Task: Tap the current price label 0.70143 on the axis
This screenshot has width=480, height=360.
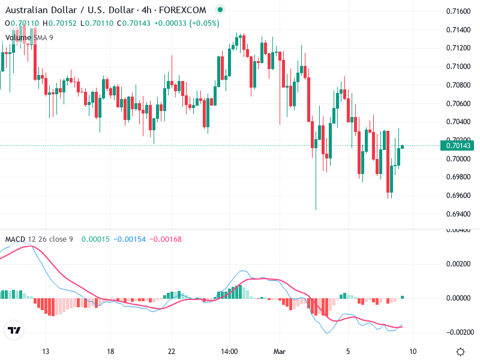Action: [457, 146]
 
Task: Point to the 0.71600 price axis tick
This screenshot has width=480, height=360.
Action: [458, 11]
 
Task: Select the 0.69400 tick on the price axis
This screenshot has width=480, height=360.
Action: [458, 214]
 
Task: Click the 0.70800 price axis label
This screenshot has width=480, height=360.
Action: [458, 85]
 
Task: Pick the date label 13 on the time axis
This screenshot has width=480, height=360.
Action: [46, 352]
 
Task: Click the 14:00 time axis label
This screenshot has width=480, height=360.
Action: [230, 352]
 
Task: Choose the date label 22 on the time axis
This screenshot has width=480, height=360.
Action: [172, 352]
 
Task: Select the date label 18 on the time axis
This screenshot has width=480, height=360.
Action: [110, 352]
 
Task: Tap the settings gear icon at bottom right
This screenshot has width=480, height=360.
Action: [460, 352]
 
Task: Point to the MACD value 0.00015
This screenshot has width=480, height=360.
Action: [93, 239]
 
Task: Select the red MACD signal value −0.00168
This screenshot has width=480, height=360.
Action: [163, 239]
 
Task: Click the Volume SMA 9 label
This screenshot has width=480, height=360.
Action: [29, 38]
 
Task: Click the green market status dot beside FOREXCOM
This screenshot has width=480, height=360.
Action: [220, 10]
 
